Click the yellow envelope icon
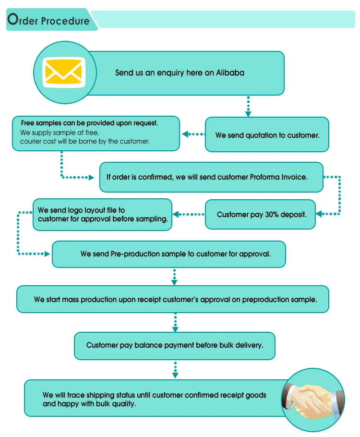64,72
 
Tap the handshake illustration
311,401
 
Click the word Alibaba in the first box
230,73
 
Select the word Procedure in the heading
65,21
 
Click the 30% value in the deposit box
271,214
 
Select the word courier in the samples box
30,141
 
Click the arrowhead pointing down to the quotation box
248,114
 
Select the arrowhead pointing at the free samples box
185,134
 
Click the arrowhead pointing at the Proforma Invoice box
91,177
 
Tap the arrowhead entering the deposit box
319,214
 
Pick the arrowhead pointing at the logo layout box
176,214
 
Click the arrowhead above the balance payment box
175,329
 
